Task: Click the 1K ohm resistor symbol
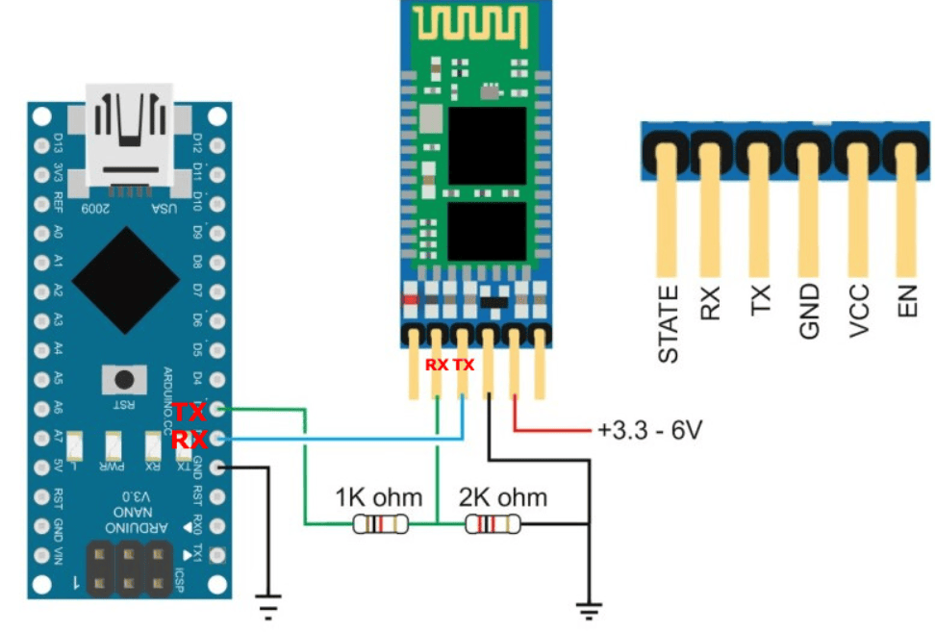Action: tap(381, 524)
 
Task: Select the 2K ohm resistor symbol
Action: tap(492, 524)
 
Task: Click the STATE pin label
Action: tap(669, 323)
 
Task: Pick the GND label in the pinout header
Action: tap(809, 310)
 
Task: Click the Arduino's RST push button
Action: tap(124, 377)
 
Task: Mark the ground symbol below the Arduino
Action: tap(269, 607)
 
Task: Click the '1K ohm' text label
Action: tap(378, 497)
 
